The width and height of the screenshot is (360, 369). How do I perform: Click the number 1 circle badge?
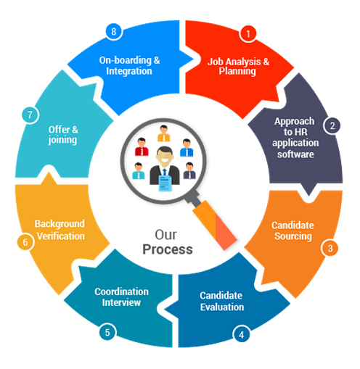click(x=248, y=34)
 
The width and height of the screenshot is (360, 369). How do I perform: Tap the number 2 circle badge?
click(x=332, y=125)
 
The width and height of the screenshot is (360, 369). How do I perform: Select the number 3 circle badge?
click(x=330, y=248)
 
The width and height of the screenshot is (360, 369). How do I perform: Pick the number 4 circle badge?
click(x=241, y=335)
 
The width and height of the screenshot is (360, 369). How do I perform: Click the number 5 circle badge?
click(x=107, y=332)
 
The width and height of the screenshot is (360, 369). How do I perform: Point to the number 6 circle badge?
click(x=25, y=242)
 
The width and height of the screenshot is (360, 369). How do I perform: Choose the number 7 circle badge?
click(x=30, y=115)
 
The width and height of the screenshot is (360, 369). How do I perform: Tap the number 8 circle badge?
click(x=114, y=31)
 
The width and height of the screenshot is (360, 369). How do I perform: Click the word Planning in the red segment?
click(x=237, y=72)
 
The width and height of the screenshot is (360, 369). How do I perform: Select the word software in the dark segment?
click(x=295, y=154)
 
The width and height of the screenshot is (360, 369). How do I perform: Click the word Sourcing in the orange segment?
click(x=293, y=236)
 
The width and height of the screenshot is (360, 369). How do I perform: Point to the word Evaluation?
click(x=222, y=307)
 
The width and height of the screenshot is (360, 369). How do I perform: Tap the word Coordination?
click(x=121, y=291)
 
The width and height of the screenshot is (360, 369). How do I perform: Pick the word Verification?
click(x=61, y=236)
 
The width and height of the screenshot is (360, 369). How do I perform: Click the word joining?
click(x=62, y=140)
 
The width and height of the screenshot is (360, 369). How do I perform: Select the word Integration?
click(x=129, y=71)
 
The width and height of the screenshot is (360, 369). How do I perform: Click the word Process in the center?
click(x=168, y=249)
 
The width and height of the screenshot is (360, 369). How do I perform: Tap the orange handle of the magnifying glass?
click(x=215, y=225)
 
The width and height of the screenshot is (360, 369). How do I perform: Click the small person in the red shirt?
click(x=142, y=146)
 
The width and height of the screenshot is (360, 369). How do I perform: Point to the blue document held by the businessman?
click(x=165, y=183)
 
